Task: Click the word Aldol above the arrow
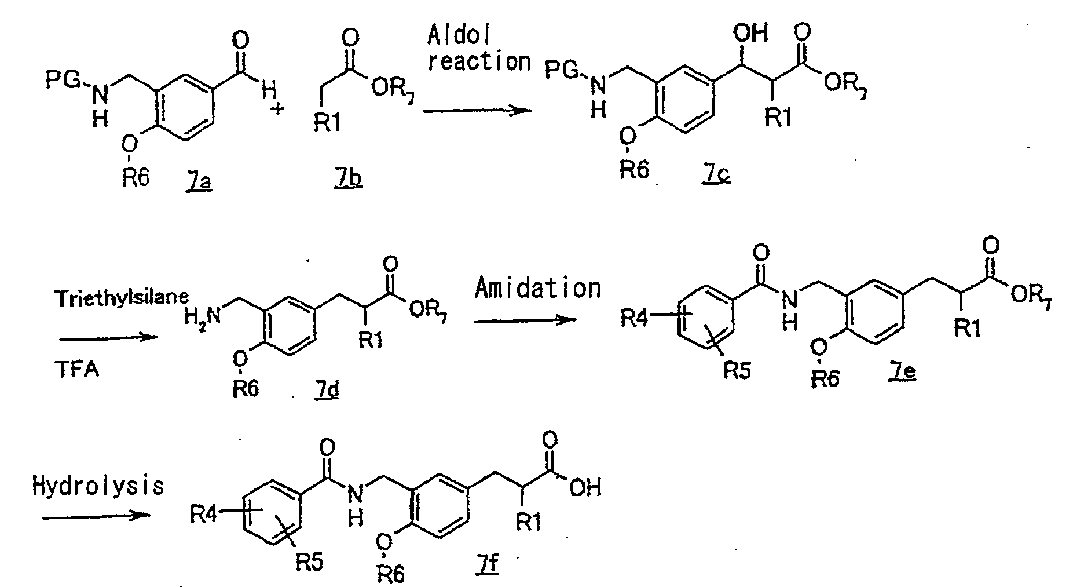pyautogui.click(x=459, y=36)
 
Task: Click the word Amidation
pyautogui.click(x=538, y=288)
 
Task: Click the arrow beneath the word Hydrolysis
pyautogui.click(x=93, y=515)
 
